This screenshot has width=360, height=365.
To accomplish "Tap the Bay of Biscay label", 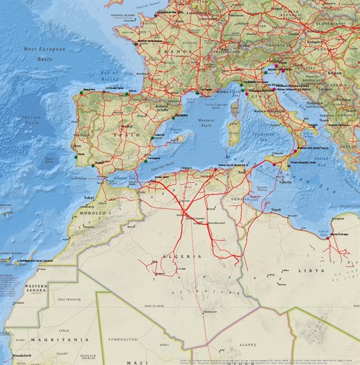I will tap(108, 74).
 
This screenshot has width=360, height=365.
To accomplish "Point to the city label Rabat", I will tap(90, 196).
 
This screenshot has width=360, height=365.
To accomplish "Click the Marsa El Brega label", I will tap(340, 234).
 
